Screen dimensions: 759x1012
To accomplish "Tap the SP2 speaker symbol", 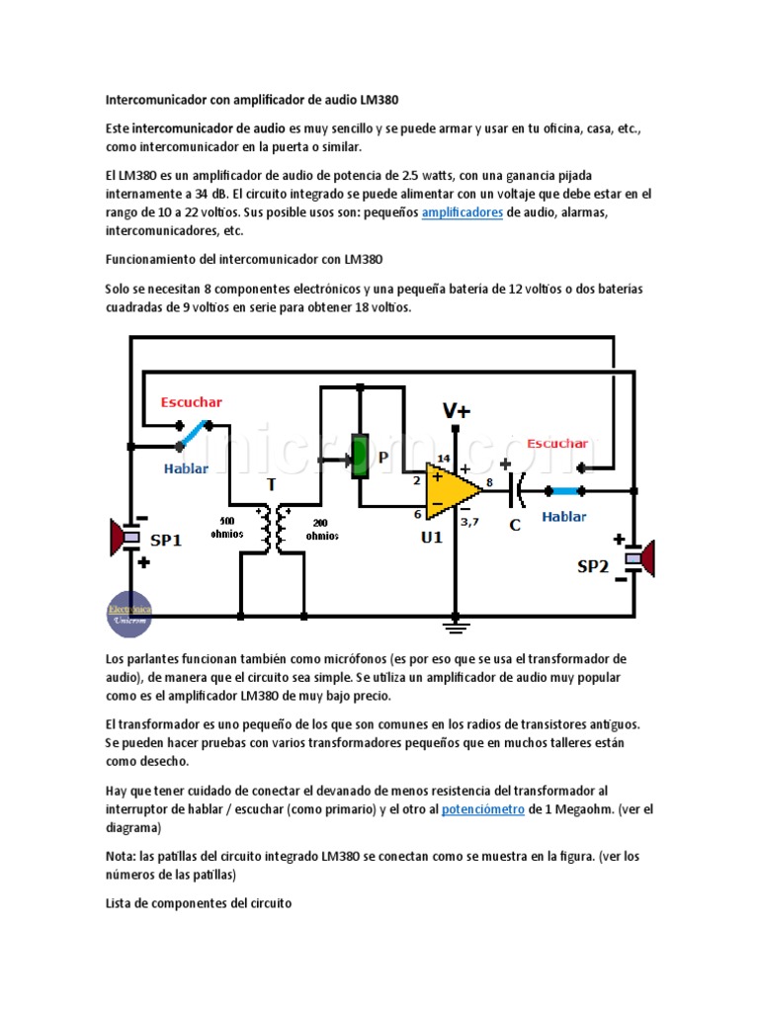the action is (644, 558).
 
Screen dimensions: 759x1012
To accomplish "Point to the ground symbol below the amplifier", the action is (456, 625).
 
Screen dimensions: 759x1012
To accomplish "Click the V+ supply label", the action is (456, 410).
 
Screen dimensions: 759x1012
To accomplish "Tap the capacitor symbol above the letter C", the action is (515, 489).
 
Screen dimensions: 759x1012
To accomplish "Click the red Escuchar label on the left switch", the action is (192, 402).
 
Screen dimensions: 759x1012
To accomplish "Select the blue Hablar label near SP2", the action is (564, 516).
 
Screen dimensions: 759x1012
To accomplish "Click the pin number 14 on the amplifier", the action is (444, 458).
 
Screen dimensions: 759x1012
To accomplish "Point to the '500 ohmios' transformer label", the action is (226, 528).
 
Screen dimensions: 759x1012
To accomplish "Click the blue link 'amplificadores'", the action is (463, 212).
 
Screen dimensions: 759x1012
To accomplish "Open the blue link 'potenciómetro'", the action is (485, 809).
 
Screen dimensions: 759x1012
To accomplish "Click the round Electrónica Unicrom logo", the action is (129, 613).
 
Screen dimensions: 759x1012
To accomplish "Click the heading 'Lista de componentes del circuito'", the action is (199, 903).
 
